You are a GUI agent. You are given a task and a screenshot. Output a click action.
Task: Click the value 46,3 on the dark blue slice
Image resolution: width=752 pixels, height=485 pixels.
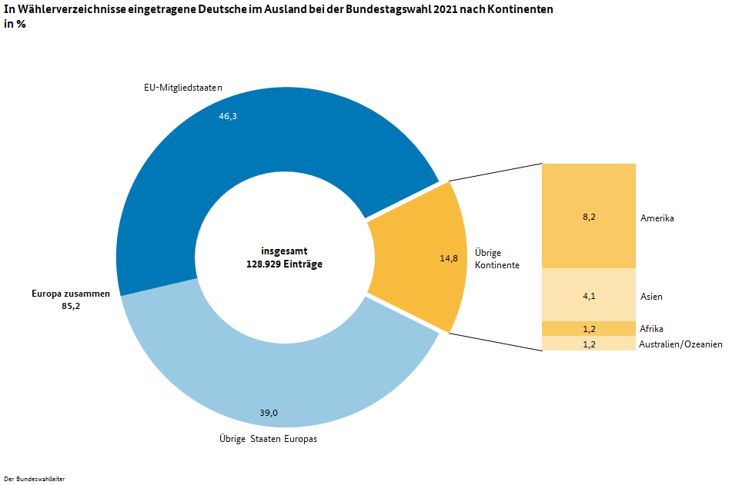point(228,116)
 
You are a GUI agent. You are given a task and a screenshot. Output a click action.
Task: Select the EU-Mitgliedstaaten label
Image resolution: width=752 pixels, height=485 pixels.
point(183,88)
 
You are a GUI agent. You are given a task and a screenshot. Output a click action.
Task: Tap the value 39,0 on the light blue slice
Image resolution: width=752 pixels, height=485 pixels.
point(269,413)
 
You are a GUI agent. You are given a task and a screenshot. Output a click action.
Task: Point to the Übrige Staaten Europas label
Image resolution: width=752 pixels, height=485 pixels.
point(269,440)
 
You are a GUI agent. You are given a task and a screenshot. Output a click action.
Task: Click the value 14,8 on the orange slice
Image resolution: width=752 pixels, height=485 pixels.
point(449,258)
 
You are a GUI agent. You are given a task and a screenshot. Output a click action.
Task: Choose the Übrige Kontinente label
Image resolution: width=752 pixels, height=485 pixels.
point(496,258)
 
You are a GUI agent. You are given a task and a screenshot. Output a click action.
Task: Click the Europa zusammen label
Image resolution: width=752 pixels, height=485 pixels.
point(71,294)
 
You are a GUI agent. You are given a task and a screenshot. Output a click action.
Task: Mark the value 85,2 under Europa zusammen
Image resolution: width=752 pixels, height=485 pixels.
point(71,306)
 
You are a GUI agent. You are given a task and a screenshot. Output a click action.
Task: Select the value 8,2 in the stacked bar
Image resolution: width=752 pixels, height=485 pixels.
point(589,218)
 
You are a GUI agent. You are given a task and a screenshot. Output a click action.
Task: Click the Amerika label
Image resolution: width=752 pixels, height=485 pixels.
point(657,218)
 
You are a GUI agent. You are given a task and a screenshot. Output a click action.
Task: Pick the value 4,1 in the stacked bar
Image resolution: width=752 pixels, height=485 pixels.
point(589,296)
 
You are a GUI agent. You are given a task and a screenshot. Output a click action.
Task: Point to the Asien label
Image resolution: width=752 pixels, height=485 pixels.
point(651,296)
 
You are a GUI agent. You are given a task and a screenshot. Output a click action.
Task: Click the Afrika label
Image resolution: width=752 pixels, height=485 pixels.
point(651,329)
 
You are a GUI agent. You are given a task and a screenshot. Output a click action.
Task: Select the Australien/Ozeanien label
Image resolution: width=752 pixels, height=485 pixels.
point(680,344)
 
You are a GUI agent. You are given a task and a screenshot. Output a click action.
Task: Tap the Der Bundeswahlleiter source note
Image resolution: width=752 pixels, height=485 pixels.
point(35,479)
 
